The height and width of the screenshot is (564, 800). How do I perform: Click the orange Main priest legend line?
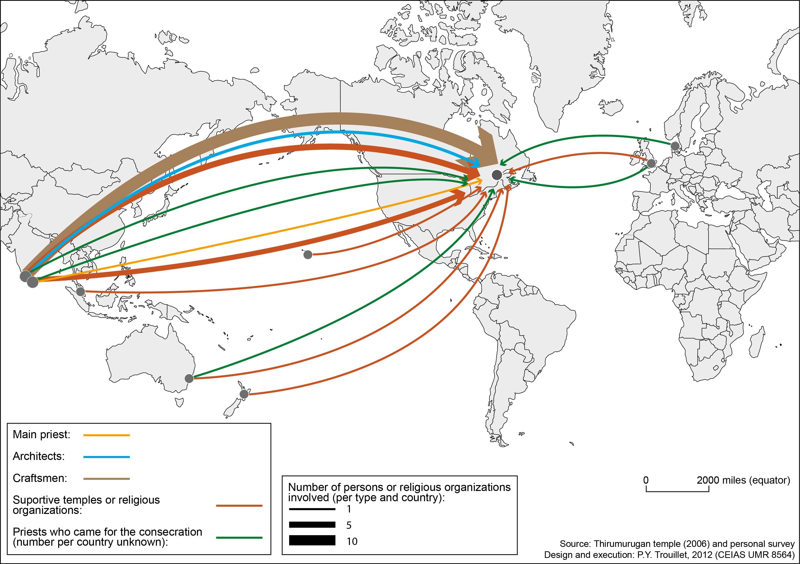click(106, 435)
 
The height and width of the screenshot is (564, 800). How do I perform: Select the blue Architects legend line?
click(106, 457)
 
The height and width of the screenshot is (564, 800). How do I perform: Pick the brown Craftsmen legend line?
click(106, 479)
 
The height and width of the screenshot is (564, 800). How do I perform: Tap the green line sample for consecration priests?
click(239, 538)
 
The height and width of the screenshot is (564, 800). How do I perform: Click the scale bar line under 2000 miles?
click(677, 491)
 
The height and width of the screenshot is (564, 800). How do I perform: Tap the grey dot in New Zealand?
click(244, 394)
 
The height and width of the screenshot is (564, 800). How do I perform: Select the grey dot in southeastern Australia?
click(189, 378)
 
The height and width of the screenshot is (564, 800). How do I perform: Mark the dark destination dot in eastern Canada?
click(497, 175)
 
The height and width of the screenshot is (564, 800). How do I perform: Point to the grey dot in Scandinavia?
click(675, 146)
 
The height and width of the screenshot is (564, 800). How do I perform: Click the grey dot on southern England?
click(651, 163)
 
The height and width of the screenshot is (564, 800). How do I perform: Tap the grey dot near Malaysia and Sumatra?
click(80, 292)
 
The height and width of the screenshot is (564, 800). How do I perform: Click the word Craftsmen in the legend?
click(39, 478)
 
